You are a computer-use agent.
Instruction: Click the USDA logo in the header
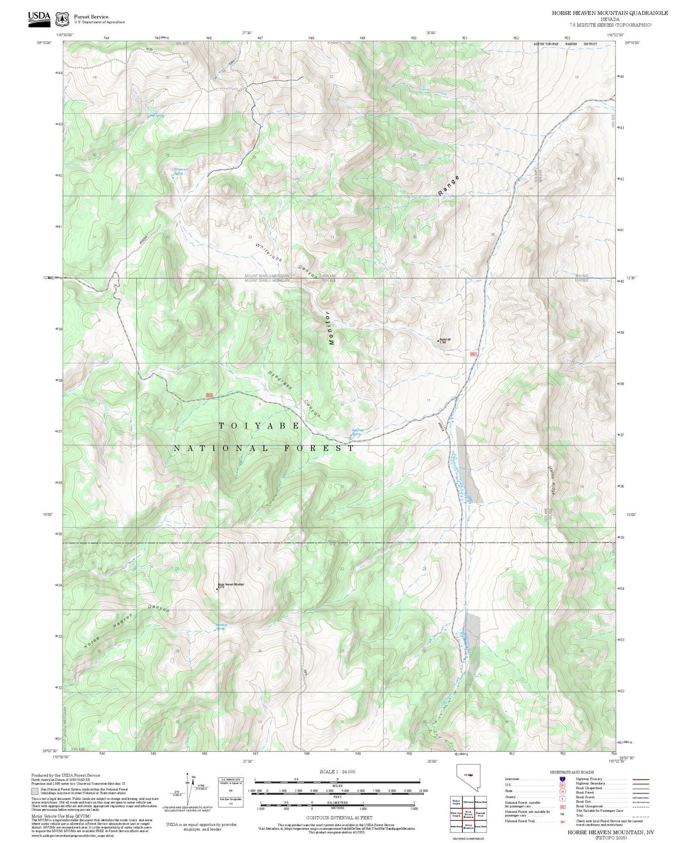point(39,17)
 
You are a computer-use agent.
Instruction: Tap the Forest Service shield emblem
point(62,19)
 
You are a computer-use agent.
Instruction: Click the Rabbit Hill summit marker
point(438,340)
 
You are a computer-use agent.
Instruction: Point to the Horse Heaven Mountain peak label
point(231,585)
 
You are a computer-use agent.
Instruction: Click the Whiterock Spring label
point(181,171)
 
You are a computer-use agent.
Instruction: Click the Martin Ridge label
point(553,480)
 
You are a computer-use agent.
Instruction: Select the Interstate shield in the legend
point(562,779)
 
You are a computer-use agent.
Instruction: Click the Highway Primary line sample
point(640,779)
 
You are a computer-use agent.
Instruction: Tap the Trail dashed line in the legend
point(640,816)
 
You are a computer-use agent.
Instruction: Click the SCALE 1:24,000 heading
point(337,772)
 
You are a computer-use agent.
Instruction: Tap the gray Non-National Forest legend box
point(35,791)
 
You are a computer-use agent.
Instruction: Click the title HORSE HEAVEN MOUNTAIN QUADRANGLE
point(609,13)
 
